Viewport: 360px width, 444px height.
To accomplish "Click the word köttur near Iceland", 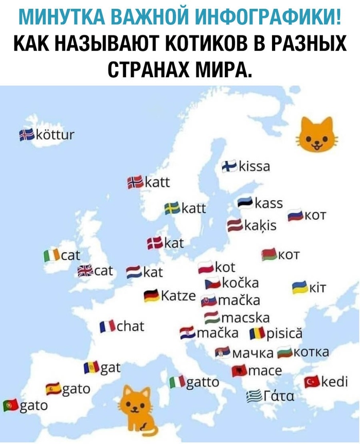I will (54, 135).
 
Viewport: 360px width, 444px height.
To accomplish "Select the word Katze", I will (178, 297).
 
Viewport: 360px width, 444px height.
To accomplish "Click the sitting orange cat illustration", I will (137, 410).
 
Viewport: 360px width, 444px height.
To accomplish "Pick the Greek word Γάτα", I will (280, 397).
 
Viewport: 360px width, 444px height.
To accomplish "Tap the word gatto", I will (202, 382).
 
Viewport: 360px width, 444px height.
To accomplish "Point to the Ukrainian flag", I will (299, 287).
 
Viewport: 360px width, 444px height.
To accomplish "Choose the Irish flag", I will (51, 255).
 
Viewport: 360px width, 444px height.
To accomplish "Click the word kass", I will (269, 203).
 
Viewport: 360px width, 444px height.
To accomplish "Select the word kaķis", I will (260, 225).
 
